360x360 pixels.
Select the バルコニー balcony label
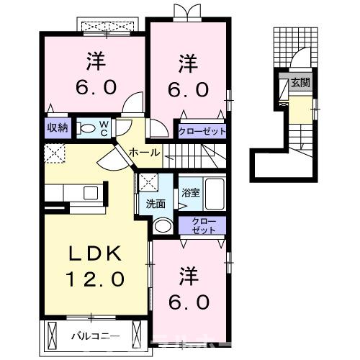(x=95, y=336)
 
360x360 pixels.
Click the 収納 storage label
(x=58, y=128)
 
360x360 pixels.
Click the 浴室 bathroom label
(x=190, y=193)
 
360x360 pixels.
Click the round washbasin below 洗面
(x=163, y=226)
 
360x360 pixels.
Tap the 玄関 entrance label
(x=301, y=84)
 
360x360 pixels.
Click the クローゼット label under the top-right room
(x=203, y=131)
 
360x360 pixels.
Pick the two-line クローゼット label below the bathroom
(x=203, y=225)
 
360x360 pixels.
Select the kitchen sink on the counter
(x=91, y=193)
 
